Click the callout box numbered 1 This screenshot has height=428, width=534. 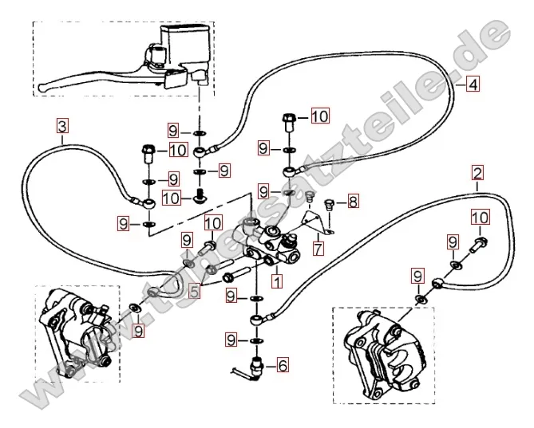click(x=276, y=281)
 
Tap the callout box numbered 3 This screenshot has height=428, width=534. click(x=62, y=124)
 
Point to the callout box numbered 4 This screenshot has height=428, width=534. click(x=473, y=84)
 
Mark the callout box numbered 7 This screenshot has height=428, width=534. click(x=318, y=249)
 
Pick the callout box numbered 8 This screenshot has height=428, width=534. click(x=352, y=201)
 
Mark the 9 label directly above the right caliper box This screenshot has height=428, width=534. click(x=417, y=277)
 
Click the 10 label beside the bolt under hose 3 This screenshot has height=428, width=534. click(x=177, y=150)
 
